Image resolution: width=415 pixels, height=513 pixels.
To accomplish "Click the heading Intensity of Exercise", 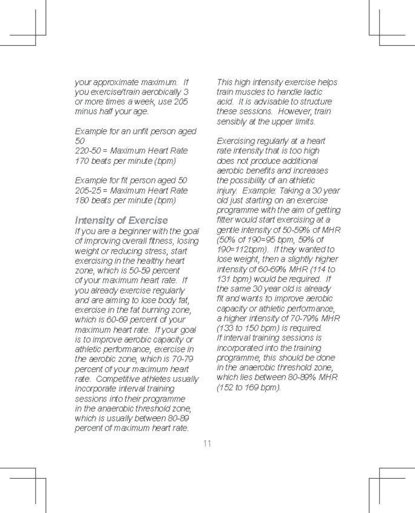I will [121, 220].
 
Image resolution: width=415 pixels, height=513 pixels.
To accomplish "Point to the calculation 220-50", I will [89, 151].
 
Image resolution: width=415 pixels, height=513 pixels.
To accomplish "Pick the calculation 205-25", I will [89, 191].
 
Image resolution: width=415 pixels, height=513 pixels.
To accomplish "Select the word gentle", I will [227, 230].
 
